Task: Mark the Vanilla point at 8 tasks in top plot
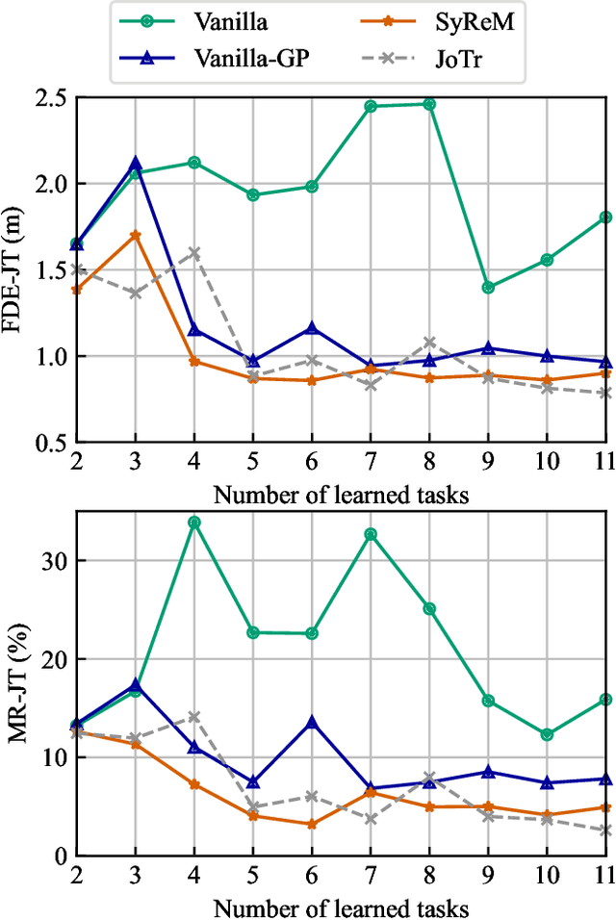[x=429, y=104]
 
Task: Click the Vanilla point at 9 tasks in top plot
[x=488, y=287]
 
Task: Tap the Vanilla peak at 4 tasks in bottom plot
[x=193, y=522]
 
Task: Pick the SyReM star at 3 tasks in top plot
[x=135, y=235]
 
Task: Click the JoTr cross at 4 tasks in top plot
[x=193, y=253]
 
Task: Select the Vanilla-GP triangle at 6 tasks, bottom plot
[x=312, y=721]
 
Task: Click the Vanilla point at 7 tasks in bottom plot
[x=371, y=534]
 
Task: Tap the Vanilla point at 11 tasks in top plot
[x=605, y=217]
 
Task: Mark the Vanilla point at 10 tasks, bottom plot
[x=547, y=734]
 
